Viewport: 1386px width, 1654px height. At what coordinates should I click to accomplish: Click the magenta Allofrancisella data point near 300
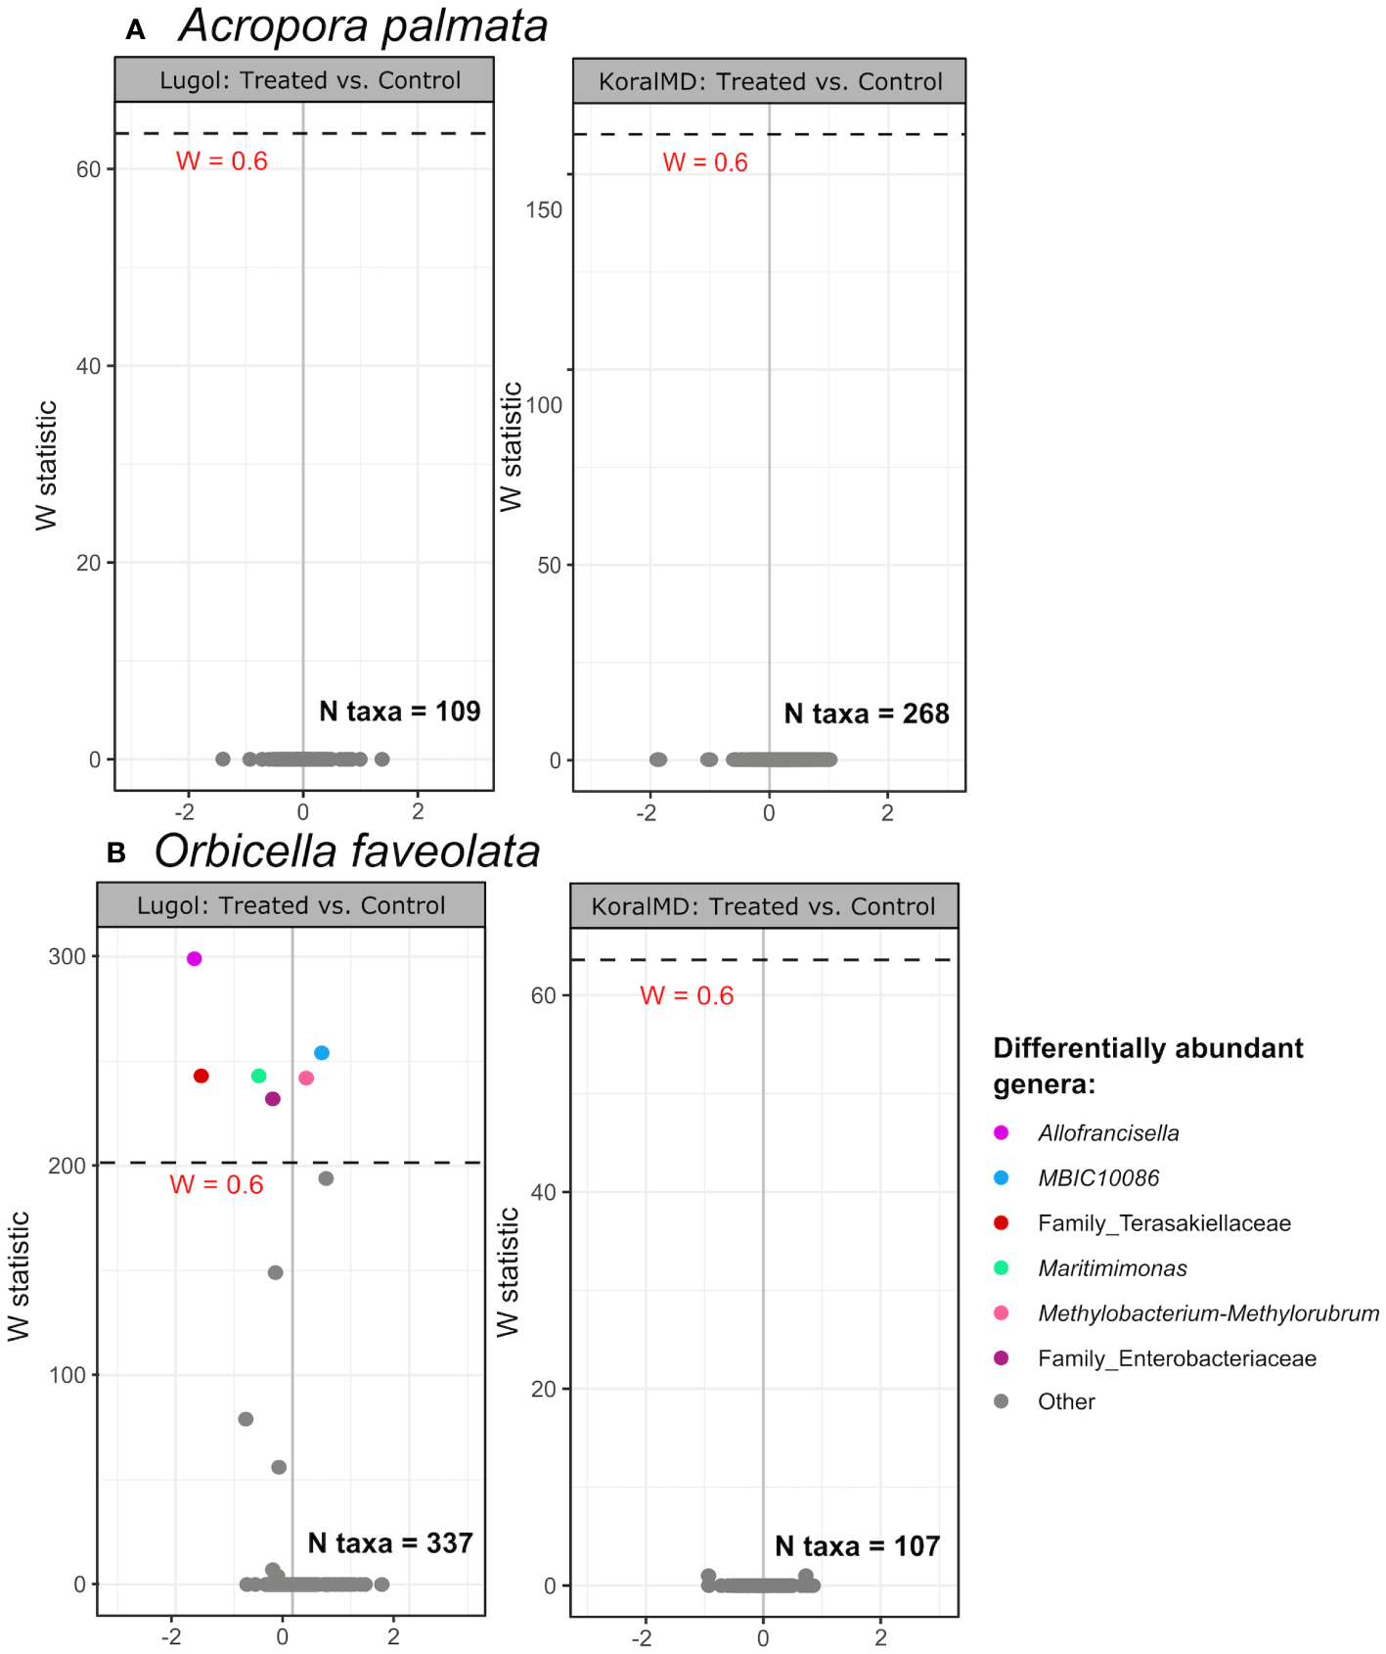(x=194, y=958)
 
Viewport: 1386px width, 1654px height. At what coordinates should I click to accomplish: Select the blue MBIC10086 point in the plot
(x=321, y=1053)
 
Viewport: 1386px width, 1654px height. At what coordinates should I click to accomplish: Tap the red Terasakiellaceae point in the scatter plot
(x=201, y=1076)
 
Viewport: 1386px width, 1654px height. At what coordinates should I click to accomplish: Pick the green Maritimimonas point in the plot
(x=259, y=1076)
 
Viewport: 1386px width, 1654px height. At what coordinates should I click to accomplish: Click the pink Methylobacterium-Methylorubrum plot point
(x=306, y=1078)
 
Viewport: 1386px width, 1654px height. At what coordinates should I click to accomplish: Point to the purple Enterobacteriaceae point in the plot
(x=273, y=1099)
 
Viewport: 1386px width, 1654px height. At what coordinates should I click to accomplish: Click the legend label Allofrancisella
(x=1108, y=1133)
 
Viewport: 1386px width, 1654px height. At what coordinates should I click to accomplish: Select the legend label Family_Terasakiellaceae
(x=1164, y=1223)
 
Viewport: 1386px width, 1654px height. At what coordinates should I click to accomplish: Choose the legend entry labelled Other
(x=1066, y=1401)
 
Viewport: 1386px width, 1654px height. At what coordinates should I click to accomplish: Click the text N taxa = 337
(x=390, y=1543)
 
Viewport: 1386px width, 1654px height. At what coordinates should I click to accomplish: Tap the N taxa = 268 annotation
(x=867, y=713)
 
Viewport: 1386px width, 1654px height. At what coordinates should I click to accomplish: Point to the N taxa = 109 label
(x=399, y=712)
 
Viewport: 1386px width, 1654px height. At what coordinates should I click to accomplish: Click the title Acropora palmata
(x=363, y=26)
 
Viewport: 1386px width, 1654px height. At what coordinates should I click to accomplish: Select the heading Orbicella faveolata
(x=347, y=851)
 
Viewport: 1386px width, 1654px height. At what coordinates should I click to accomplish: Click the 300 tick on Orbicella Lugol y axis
(x=67, y=956)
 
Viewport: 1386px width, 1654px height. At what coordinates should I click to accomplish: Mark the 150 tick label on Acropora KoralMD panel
(x=544, y=209)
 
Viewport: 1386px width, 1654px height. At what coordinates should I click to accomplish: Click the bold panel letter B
(x=116, y=853)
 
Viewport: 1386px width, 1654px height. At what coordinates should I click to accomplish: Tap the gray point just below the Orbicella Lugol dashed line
(x=326, y=1178)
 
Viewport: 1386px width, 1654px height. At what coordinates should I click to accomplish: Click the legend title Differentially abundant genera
(x=1147, y=1066)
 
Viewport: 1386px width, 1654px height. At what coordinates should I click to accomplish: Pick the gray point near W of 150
(x=276, y=1272)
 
